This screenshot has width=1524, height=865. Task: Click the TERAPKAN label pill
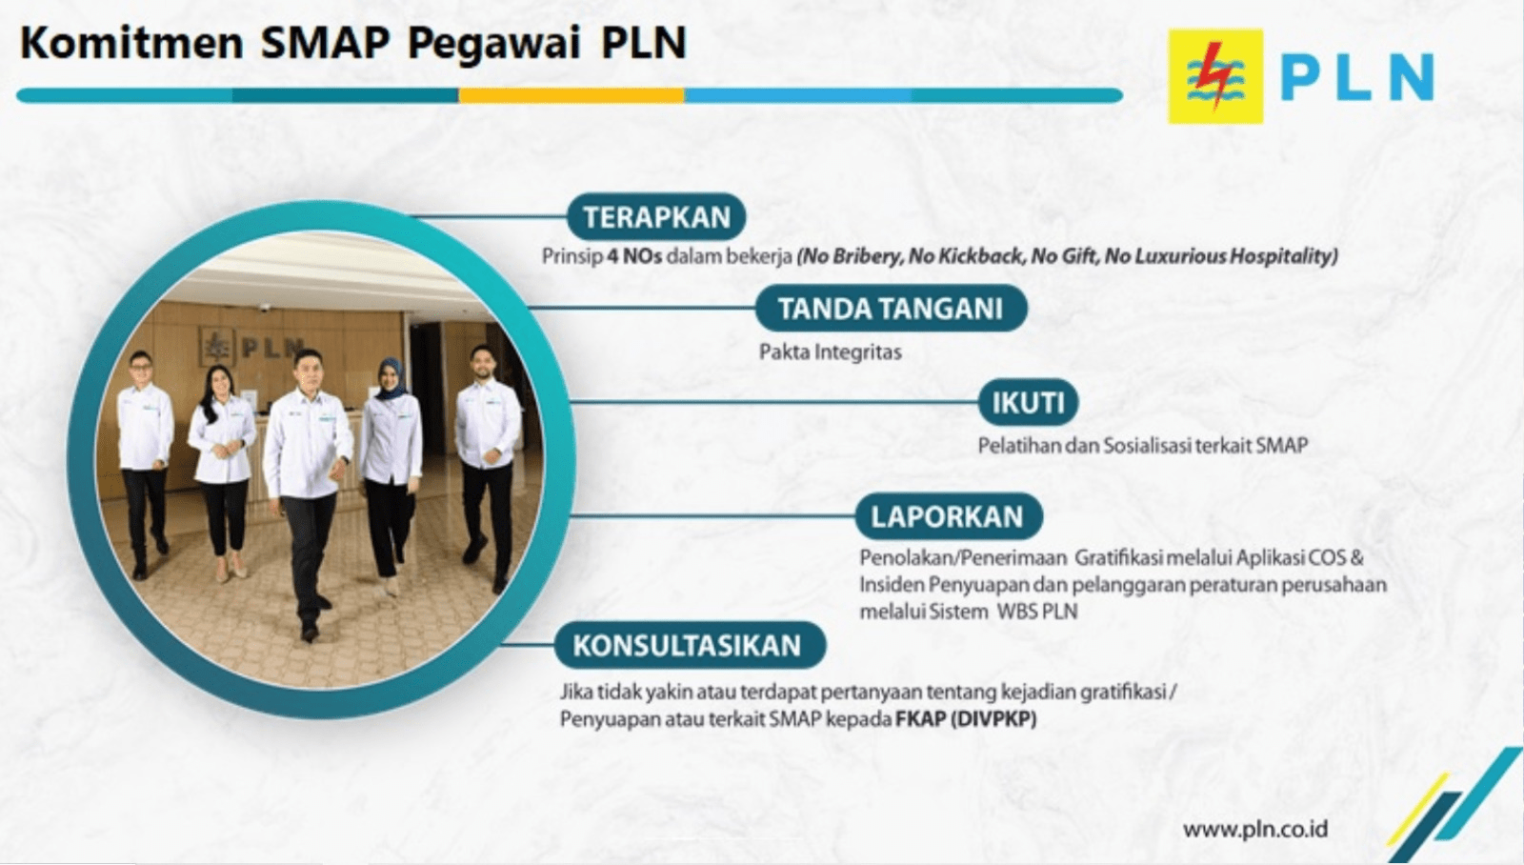click(x=656, y=217)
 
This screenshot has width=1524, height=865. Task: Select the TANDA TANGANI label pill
click(x=891, y=309)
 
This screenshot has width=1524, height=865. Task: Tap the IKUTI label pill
click(x=1028, y=402)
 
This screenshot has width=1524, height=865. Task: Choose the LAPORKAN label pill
click(x=949, y=516)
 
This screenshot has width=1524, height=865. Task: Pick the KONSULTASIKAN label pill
click(x=691, y=645)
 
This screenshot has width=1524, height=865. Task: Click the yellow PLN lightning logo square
click(x=1215, y=76)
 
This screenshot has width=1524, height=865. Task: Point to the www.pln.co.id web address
click(x=1255, y=829)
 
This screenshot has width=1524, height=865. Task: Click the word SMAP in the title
click(x=325, y=42)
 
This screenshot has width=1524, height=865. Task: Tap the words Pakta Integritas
click(x=830, y=352)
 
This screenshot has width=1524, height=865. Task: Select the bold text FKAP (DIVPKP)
click(x=966, y=718)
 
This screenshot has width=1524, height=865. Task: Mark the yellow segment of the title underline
click(x=571, y=95)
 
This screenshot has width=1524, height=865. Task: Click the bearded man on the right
click(x=487, y=466)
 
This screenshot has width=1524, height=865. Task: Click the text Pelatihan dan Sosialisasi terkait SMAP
click(x=1143, y=445)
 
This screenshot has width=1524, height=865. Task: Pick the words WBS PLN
click(x=1037, y=612)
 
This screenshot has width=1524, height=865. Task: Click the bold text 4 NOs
click(x=634, y=256)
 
